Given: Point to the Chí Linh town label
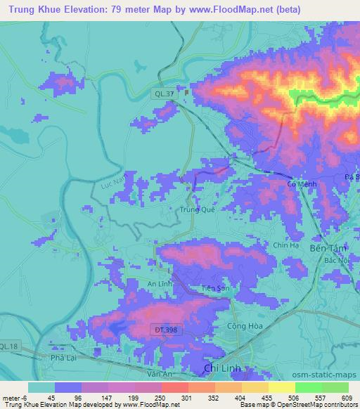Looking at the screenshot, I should coord(219,368).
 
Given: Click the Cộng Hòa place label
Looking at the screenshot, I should coord(242,326).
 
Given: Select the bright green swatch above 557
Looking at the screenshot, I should coord(309,387).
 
